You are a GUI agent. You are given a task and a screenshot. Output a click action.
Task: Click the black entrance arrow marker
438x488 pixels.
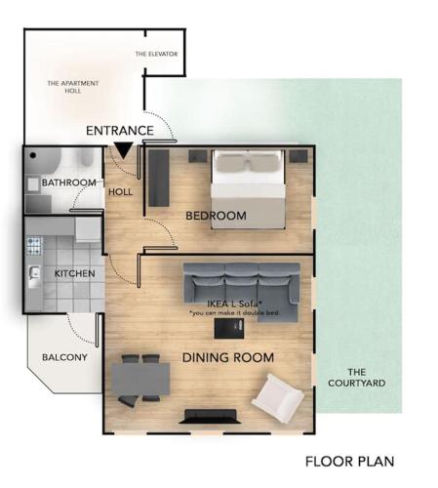[x=123, y=150]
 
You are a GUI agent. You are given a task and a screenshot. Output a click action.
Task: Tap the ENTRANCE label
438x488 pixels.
[x=120, y=131]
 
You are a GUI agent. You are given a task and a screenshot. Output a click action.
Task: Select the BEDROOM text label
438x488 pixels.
[x=216, y=216]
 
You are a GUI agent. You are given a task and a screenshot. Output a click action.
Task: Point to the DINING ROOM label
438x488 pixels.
[x=228, y=357]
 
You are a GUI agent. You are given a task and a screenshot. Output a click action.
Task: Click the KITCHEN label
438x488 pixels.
[x=75, y=273]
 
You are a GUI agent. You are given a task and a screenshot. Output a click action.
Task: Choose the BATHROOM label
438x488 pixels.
[x=69, y=183]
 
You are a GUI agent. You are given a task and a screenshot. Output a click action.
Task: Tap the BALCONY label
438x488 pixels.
[x=64, y=357]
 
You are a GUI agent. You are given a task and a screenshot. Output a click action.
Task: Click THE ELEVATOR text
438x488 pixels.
[x=157, y=54]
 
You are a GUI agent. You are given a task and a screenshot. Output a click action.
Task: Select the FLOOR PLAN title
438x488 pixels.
[x=350, y=462]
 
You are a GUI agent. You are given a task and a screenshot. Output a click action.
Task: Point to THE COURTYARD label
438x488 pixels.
[x=357, y=378]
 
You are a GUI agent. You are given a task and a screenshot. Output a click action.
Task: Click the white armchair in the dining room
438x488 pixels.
[x=278, y=398]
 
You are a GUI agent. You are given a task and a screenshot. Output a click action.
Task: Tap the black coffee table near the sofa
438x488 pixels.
[x=229, y=328]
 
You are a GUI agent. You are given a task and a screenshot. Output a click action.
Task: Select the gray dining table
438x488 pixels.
[x=140, y=379]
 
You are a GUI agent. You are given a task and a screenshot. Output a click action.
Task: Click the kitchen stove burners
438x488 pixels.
[x=34, y=246]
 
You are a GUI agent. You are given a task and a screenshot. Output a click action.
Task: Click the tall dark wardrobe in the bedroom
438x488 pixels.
[x=159, y=178]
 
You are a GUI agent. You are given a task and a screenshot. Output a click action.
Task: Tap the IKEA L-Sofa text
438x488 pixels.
[x=235, y=304]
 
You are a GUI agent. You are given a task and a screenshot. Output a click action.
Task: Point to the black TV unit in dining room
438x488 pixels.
[x=210, y=417]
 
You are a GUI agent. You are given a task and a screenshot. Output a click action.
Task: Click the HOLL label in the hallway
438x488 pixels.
[x=120, y=192]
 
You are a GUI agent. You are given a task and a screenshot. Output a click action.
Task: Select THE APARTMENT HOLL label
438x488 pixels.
[x=73, y=87]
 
